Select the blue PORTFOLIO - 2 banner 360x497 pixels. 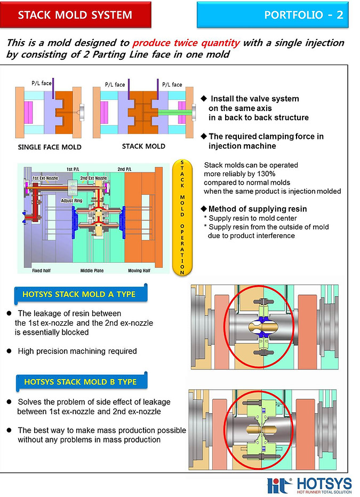click(272, 15)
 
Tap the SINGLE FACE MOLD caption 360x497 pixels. click(49, 147)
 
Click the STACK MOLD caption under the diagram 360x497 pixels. click(143, 146)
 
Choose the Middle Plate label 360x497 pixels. click(91, 271)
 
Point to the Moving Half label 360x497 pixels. click(139, 271)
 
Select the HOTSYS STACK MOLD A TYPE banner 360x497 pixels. click(79, 294)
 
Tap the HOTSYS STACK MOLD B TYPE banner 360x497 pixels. click(80, 382)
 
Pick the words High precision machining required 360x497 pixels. click(77, 351)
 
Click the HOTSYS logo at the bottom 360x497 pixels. click(309, 485)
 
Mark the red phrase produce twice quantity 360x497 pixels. click(194, 43)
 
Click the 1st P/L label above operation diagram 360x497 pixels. click(73, 169)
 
